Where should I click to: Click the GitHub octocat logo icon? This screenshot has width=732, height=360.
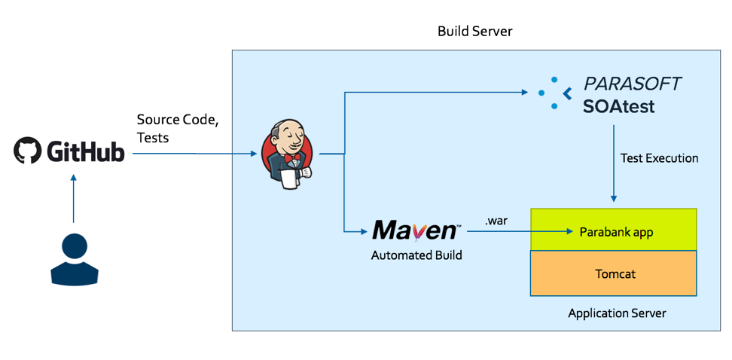[27, 151]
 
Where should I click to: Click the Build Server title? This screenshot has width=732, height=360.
[474, 32]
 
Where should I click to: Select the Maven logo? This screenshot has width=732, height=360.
[415, 230]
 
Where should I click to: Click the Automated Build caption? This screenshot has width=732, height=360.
[416, 255]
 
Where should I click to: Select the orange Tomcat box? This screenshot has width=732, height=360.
[614, 273]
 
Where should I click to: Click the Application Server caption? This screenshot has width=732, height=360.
[617, 313]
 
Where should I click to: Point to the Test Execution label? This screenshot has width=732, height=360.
[659, 158]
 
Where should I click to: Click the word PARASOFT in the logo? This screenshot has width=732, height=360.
[633, 84]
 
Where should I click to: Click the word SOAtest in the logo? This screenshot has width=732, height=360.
[618, 107]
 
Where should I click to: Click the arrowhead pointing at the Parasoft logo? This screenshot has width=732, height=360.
[525, 93]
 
